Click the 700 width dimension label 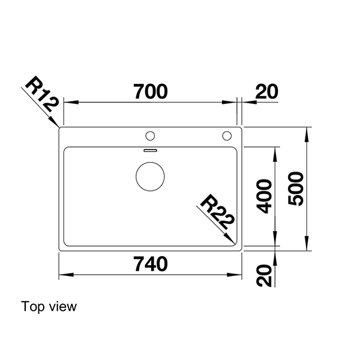150,92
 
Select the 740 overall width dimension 150,264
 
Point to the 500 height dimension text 298,188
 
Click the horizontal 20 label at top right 266,92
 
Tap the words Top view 49,307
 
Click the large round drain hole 150,176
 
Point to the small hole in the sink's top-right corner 227,134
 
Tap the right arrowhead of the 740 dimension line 238,275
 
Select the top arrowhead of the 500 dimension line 308,131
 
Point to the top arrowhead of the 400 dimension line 275,149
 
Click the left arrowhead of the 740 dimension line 62,275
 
